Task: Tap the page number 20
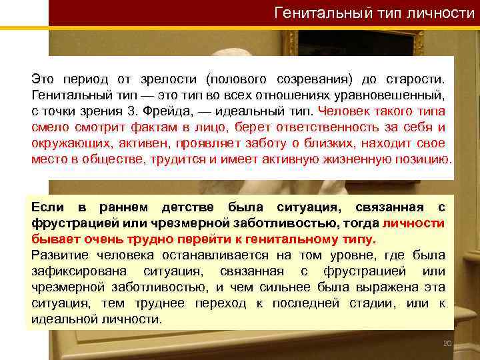[447, 343]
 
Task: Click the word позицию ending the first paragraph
[424, 158]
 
